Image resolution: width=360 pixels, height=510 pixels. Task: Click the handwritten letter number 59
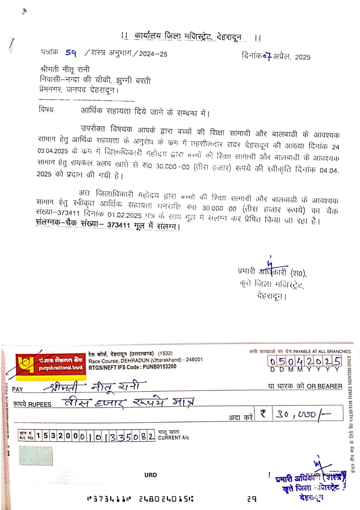[x=71, y=53]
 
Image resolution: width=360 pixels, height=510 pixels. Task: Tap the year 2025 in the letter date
[x=302, y=57]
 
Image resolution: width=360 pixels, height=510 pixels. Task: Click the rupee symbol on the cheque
[x=263, y=413]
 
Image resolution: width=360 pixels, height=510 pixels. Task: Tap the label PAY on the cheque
[x=18, y=389]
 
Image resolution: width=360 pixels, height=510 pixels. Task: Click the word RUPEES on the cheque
[x=40, y=404]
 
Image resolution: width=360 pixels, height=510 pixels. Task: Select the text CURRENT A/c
[x=174, y=438]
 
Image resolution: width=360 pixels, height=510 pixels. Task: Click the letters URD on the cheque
[x=150, y=475]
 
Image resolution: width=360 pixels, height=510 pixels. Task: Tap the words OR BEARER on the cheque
[x=324, y=386]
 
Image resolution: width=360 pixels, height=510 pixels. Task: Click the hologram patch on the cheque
[x=36, y=455]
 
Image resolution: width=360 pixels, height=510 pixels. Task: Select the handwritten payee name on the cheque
[x=96, y=387]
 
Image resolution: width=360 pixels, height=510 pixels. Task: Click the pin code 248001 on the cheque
[x=194, y=360]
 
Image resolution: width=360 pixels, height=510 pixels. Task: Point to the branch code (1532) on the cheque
[x=165, y=353]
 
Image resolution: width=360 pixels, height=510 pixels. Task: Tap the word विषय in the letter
[x=46, y=109]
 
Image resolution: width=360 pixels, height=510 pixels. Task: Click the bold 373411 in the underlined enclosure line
[x=119, y=225]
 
